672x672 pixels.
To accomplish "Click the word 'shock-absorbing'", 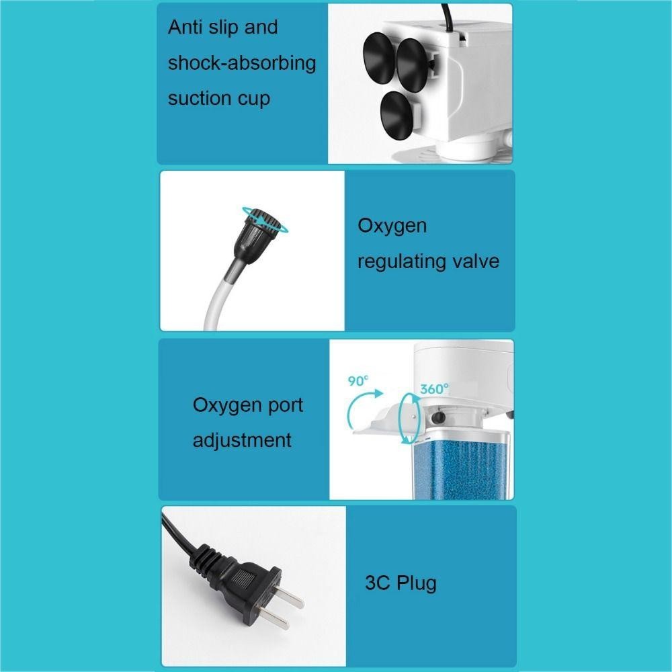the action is [x=242, y=63].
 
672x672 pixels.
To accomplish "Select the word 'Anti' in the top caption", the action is [x=185, y=27].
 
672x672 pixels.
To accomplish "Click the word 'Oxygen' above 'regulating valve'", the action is [x=392, y=226].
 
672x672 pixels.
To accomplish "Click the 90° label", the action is [x=358, y=380].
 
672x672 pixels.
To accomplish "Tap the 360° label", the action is [x=434, y=388].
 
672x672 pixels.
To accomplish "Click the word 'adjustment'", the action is [x=242, y=441].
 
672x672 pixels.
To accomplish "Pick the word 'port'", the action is [x=286, y=406].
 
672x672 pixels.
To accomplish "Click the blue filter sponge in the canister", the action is [x=461, y=470].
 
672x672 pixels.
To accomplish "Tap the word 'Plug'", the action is [x=417, y=584].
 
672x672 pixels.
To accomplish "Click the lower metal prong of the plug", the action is [x=274, y=619].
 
